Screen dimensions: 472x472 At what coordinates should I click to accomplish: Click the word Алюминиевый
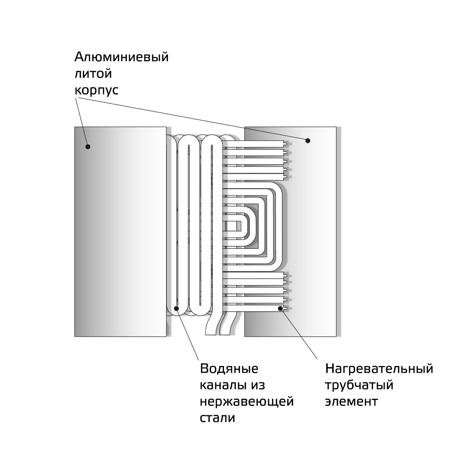(121, 57)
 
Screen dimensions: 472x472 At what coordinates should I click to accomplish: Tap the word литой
(93, 74)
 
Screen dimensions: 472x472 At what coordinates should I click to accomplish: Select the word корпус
(97, 91)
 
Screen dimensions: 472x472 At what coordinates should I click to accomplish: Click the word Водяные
(229, 369)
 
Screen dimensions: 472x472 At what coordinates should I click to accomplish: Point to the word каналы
(222, 385)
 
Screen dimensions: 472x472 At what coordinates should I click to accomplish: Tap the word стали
(218, 418)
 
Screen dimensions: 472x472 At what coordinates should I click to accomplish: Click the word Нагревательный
(379, 369)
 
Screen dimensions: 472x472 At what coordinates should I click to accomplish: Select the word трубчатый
(359, 386)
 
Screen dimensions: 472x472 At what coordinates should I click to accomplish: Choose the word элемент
(351, 402)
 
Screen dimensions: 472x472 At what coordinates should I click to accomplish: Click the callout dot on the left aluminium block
(88, 147)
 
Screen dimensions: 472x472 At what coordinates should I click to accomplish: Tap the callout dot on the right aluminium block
(308, 141)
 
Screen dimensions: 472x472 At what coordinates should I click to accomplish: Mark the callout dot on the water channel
(176, 309)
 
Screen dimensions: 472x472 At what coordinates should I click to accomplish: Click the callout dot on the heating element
(280, 309)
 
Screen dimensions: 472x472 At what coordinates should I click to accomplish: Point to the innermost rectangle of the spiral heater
(233, 226)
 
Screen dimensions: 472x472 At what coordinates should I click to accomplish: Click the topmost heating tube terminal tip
(286, 144)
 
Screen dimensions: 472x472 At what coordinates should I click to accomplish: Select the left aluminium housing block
(120, 231)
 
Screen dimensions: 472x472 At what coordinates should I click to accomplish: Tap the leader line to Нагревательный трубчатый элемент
(299, 334)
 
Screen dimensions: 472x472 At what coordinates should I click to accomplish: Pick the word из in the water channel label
(258, 385)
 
